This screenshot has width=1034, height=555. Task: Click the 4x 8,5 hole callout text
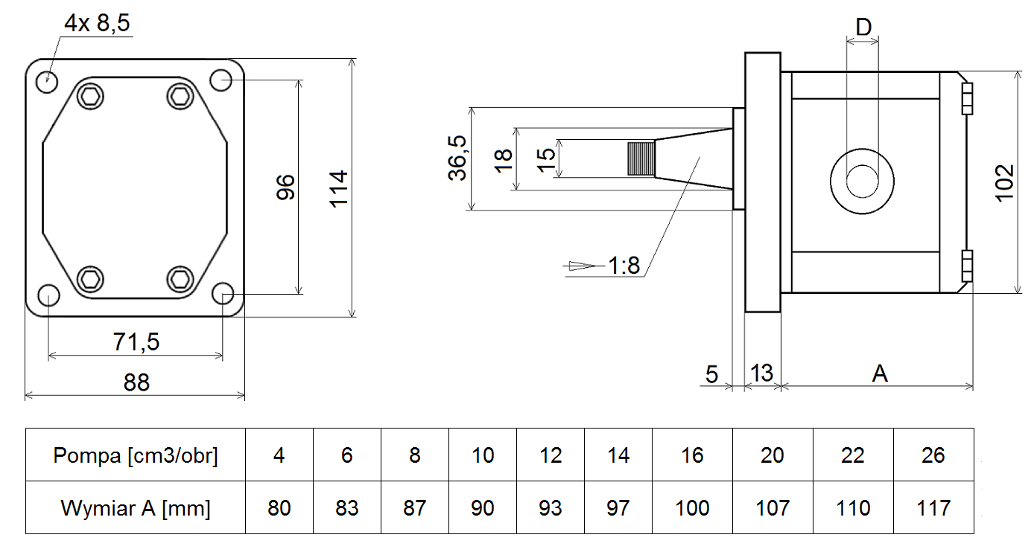tap(97, 24)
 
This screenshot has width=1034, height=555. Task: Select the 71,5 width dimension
tap(136, 342)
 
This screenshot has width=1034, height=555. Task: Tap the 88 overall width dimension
tap(136, 382)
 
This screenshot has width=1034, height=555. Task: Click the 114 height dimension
tap(339, 189)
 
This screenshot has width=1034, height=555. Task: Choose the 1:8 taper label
tap(624, 266)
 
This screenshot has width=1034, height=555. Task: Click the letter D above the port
tap(863, 28)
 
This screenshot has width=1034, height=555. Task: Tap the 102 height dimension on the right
tap(1004, 182)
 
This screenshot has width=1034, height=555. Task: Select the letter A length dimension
tap(880, 373)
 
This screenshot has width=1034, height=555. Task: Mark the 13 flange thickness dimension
tap(761, 373)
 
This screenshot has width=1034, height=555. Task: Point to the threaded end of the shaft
tap(640, 158)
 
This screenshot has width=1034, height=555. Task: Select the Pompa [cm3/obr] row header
tap(136, 455)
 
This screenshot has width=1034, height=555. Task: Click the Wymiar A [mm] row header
tap(136, 508)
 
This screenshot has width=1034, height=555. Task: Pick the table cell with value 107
tap(772, 508)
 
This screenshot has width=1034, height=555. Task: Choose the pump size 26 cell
tap(933, 455)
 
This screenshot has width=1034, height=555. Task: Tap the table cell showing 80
tap(279, 508)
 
